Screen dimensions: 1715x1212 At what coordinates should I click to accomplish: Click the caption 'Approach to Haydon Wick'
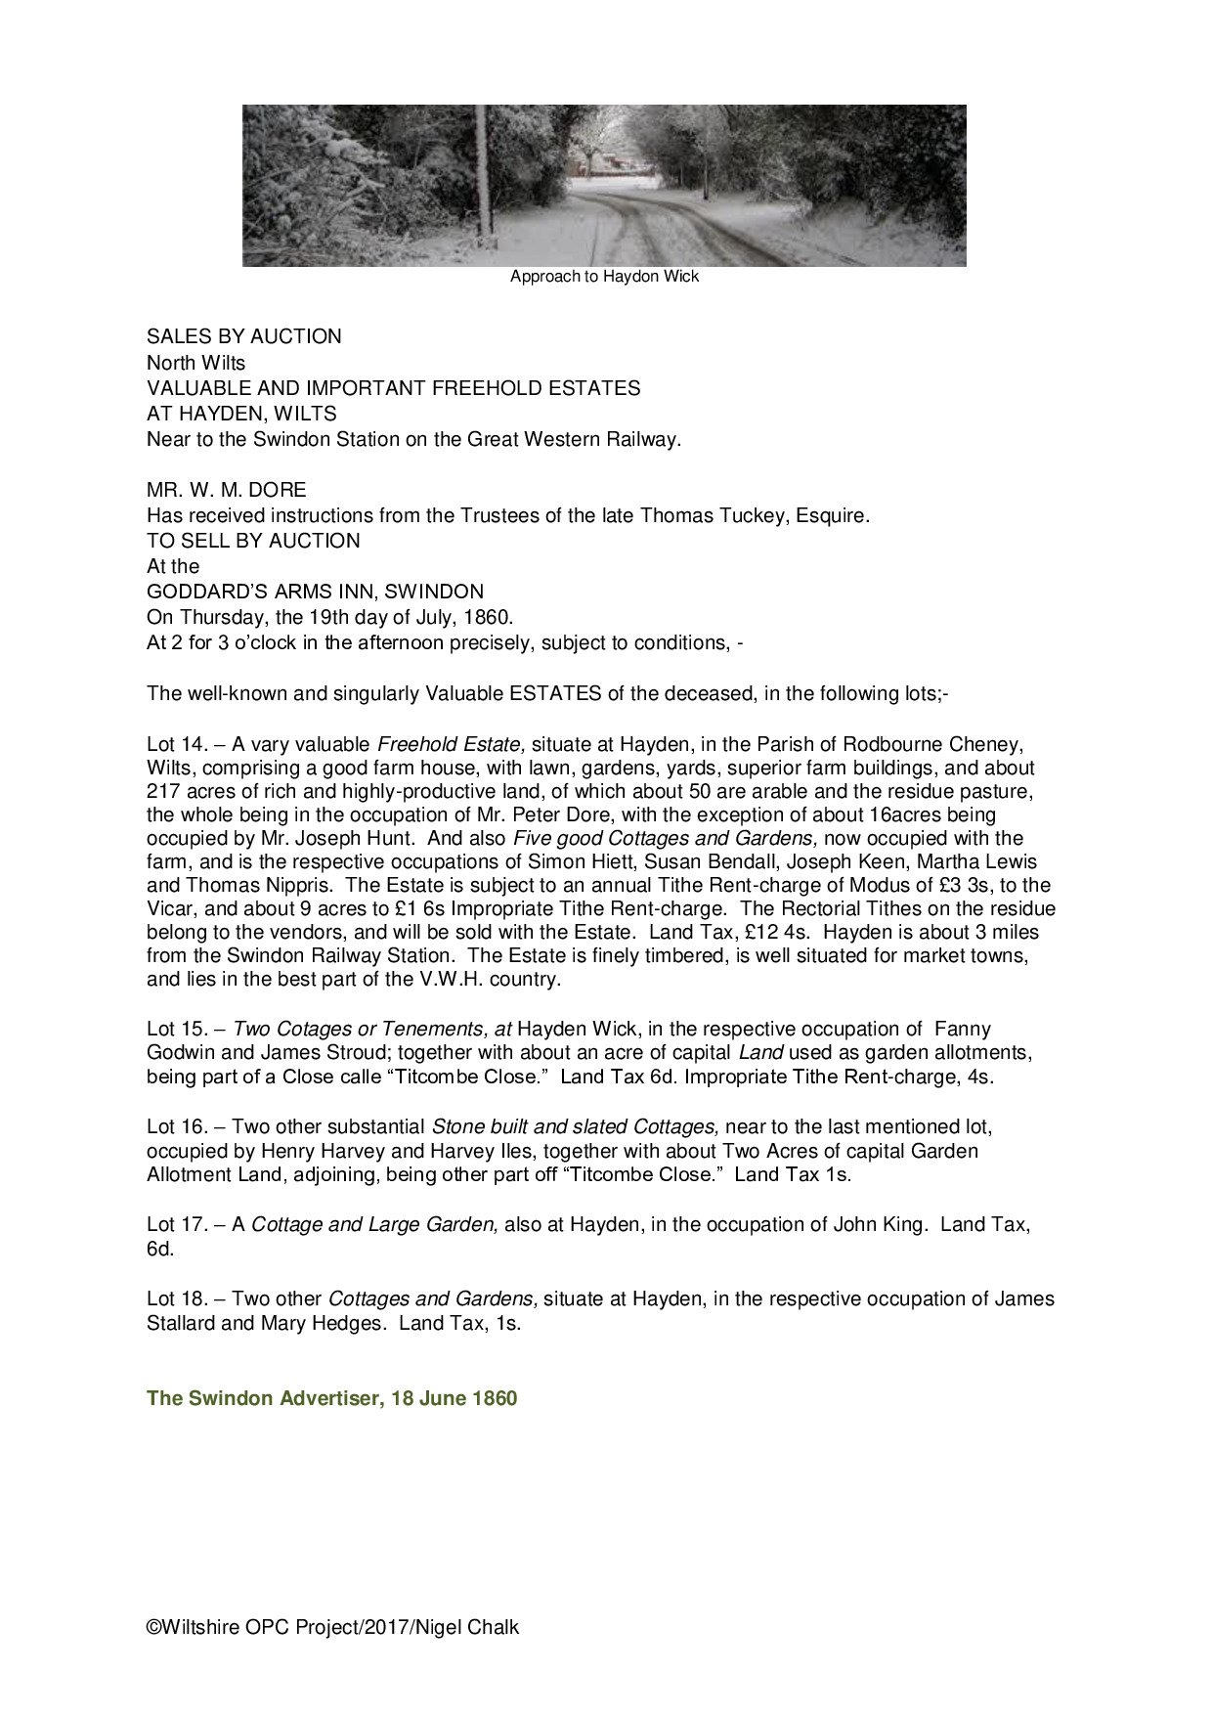[x=604, y=277]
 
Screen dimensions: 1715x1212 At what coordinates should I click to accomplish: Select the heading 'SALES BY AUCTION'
[x=243, y=336]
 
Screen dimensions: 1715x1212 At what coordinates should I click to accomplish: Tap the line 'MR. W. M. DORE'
[x=226, y=489]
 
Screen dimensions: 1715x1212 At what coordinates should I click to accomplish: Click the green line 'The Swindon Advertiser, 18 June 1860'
[x=331, y=1398]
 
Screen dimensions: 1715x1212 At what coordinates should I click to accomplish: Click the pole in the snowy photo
[x=481, y=176]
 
